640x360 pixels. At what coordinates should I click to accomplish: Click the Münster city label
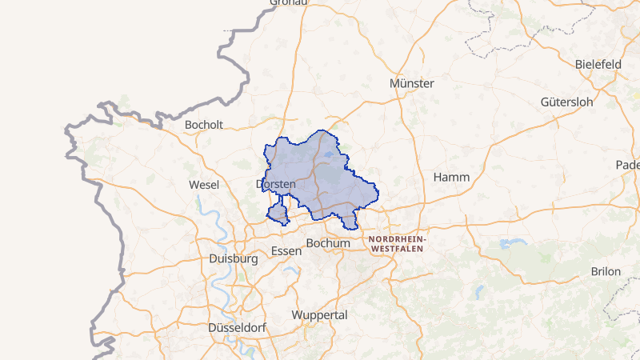click(x=411, y=83)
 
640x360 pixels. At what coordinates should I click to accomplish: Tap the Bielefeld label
click(x=598, y=64)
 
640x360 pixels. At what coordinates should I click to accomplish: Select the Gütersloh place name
click(x=566, y=102)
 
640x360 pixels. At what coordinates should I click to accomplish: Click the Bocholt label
click(x=203, y=125)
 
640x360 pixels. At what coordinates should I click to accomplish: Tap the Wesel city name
click(x=204, y=185)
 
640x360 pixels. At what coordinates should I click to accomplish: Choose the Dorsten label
click(x=276, y=184)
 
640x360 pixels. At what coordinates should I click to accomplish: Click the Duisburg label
click(x=233, y=259)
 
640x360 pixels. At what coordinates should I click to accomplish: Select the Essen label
click(x=286, y=251)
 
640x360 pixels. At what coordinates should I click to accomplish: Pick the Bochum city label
click(x=329, y=243)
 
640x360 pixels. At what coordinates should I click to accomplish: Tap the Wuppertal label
click(x=320, y=315)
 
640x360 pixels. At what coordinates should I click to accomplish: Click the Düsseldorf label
click(x=237, y=328)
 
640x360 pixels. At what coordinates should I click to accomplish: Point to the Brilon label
click(x=606, y=271)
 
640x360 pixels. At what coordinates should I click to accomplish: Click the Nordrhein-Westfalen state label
click(x=398, y=244)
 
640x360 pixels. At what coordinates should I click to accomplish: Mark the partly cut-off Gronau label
click(x=289, y=3)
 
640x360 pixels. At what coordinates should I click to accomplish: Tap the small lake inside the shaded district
click(x=330, y=158)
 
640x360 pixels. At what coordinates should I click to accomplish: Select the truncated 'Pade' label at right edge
click(x=628, y=165)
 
